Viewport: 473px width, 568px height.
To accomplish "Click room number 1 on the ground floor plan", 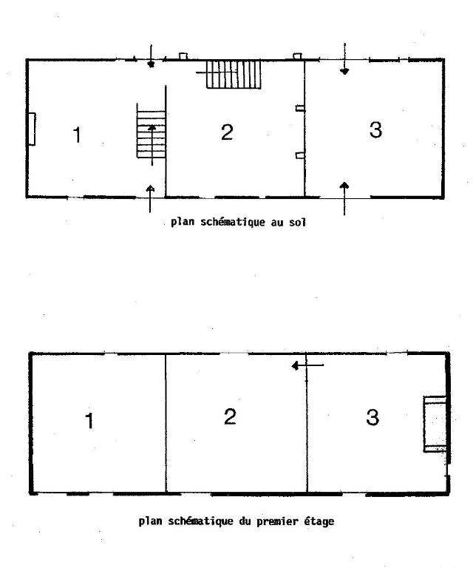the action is click(x=77, y=135).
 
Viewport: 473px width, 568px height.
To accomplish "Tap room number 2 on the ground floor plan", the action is click(x=227, y=132).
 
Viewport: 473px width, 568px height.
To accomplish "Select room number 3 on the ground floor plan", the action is click(x=375, y=130).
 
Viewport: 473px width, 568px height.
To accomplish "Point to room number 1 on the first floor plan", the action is click(x=89, y=421).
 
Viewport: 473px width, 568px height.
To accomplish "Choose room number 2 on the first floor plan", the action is click(x=230, y=416).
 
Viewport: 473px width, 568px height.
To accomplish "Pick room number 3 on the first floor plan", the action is click(x=372, y=417).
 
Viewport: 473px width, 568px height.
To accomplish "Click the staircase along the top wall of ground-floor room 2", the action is click(x=234, y=74).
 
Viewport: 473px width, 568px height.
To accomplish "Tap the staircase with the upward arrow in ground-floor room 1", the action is click(x=152, y=131).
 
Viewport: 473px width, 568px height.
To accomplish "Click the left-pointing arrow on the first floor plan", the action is click(x=307, y=365).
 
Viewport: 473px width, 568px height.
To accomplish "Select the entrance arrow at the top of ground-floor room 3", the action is click(x=344, y=59).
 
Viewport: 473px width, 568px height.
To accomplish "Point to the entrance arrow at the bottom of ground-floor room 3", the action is click(x=344, y=198).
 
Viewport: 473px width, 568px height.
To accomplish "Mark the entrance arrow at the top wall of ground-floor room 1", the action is click(x=152, y=56).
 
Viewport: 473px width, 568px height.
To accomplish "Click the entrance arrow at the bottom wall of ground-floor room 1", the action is click(x=150, y=199).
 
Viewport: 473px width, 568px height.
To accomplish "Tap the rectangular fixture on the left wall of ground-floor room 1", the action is click(x=32, y=129).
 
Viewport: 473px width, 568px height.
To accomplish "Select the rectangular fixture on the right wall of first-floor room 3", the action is click(x=435, y=424).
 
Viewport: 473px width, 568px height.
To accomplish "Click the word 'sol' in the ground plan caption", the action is click(x=297, y=222).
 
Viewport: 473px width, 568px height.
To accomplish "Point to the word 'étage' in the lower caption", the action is click(x=319, y=521).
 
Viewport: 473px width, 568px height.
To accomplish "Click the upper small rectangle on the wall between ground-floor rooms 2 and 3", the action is click(x=300, y=108).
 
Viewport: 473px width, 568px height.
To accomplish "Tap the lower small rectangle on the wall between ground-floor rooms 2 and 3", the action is click(x=300, y=155).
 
